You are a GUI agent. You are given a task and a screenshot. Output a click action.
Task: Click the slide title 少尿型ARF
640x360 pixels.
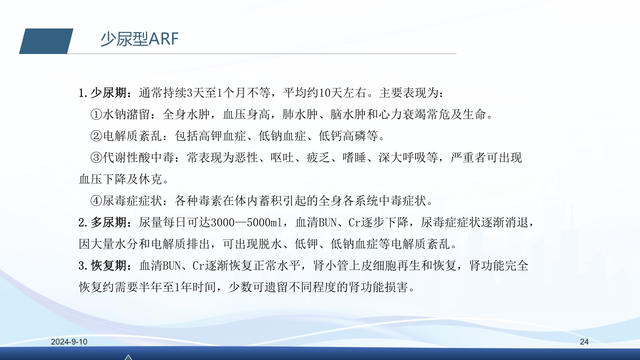(139, 39)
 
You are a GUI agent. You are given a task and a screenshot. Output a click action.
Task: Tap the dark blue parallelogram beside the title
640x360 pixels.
(46, 41)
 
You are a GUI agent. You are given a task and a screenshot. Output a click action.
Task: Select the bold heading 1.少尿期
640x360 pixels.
(105, 93)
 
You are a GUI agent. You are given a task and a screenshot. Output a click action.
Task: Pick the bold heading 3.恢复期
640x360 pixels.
(105, 266)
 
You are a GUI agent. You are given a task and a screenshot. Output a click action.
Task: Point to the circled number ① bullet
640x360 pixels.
(96, 115)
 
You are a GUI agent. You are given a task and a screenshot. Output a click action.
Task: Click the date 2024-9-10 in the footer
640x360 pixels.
(69, 342)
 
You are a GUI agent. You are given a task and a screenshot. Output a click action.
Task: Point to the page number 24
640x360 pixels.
(584, 342)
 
